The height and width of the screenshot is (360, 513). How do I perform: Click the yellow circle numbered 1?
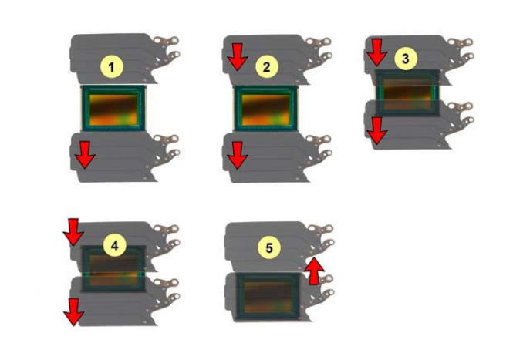tap(112, 67)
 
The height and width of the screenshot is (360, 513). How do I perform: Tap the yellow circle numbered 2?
tap(267, 67)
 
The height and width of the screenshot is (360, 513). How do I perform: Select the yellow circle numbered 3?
tap(405, 59)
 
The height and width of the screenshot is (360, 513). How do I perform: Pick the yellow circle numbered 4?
tap(114, 246)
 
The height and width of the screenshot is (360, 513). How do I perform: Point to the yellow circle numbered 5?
tap(269, 247)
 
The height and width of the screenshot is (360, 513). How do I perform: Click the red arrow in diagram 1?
tap(85, 155)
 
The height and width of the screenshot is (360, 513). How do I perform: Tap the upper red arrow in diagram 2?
tap(238, 57)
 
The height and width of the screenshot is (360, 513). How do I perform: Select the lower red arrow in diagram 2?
tap(238, 155)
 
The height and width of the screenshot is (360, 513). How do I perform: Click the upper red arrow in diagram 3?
tap(377, 52)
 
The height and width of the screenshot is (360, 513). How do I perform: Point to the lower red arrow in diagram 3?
tap(377, 131)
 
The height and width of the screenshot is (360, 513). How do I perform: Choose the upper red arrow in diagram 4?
tap(73, 232)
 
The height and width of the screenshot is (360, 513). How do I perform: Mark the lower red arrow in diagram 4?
tap(73, 312)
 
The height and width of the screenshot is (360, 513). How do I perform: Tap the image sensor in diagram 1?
tap(113, 109)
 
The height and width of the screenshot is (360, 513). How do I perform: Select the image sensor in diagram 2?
tap(265, 109)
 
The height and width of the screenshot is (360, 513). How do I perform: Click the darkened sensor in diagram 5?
tap(268, 296)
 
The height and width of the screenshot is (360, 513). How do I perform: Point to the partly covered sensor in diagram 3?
tap(407, 93)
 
